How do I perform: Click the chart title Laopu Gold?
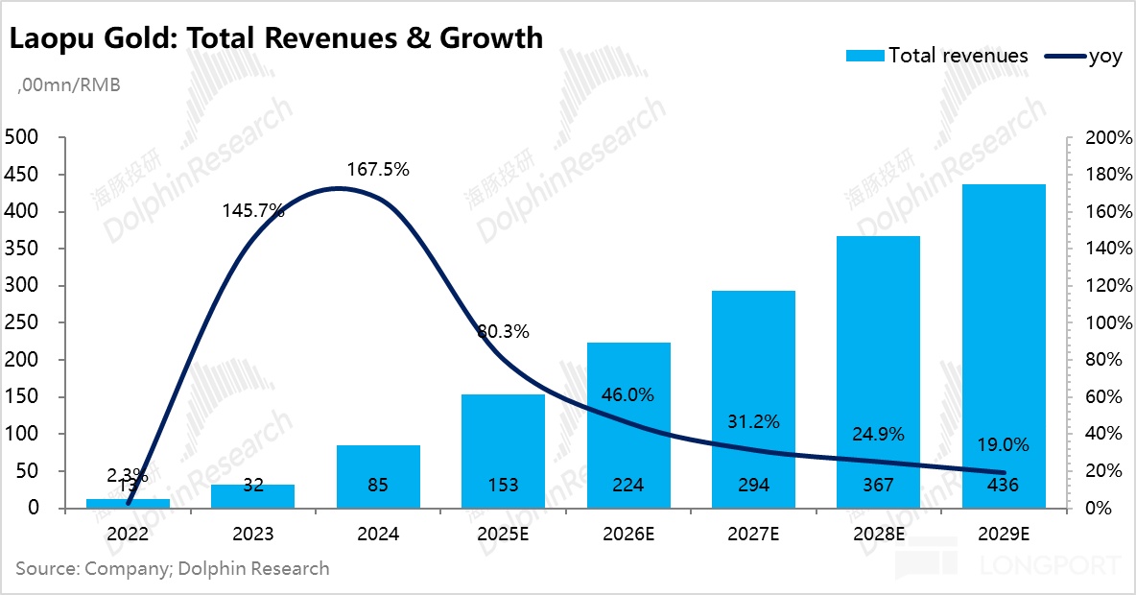pos(276,38)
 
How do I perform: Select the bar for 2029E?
pos(1004,345)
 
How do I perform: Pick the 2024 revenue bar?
pos(378,476)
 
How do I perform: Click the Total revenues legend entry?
pos(937,56)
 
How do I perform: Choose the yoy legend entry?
pos(1080,56)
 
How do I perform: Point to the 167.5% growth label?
pos(377,170)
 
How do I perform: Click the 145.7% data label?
pos(252,210)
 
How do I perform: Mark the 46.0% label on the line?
pos(627,394)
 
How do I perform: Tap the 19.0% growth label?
pos(1003,444)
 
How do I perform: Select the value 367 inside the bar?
pos(879,486)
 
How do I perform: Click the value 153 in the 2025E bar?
pos(503,486)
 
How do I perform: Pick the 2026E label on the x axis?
pos(627,533)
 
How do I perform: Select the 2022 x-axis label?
pos(128,533)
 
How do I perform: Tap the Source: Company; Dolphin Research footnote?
pos(173,568)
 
